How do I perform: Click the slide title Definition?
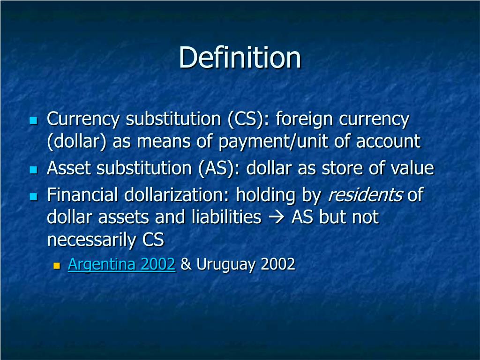[240, 58]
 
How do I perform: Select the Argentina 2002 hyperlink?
[121, 264]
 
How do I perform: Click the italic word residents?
[365, 195]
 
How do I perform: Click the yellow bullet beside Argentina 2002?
[58, 266]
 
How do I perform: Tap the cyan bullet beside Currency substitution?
[33, 120]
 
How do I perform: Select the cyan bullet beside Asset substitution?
[33, 170]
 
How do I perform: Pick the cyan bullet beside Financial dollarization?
[33, 195]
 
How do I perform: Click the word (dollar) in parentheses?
[77, 142]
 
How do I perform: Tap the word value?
[412, 168]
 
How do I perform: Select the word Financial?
[82, 195]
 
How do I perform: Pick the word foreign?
[305, 119]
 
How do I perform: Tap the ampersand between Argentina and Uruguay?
[186, 265]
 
